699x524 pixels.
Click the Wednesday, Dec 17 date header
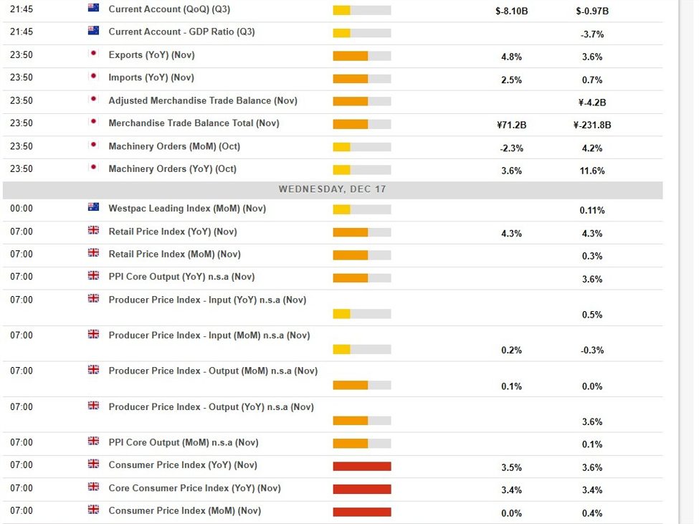[332, 189]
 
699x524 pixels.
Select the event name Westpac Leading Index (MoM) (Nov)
[187, 209]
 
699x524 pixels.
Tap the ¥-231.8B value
[592, 125]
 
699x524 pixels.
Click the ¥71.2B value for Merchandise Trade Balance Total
[511, 125]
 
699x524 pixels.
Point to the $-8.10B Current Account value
[511, 11]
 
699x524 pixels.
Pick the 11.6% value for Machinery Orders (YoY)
[592, 171]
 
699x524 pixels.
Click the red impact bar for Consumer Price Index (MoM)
[362, 512]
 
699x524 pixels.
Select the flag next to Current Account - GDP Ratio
[93, 31]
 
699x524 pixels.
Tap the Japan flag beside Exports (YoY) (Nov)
[93, 54]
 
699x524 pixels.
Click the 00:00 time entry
[22, 209]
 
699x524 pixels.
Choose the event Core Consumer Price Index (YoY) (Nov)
[194, 488]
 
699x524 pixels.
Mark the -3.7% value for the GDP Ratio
[592, 34]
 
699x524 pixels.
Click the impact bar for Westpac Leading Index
[362, 209]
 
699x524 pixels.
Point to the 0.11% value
[592, 211]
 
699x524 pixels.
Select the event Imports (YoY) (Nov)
[151, 77]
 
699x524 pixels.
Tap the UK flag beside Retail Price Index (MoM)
[93, 253]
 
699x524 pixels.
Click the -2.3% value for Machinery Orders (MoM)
[511, 148]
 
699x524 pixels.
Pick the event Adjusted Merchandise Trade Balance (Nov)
[203, 100]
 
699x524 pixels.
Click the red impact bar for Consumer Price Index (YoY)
[362, 467]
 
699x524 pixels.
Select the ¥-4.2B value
[592, 103]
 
